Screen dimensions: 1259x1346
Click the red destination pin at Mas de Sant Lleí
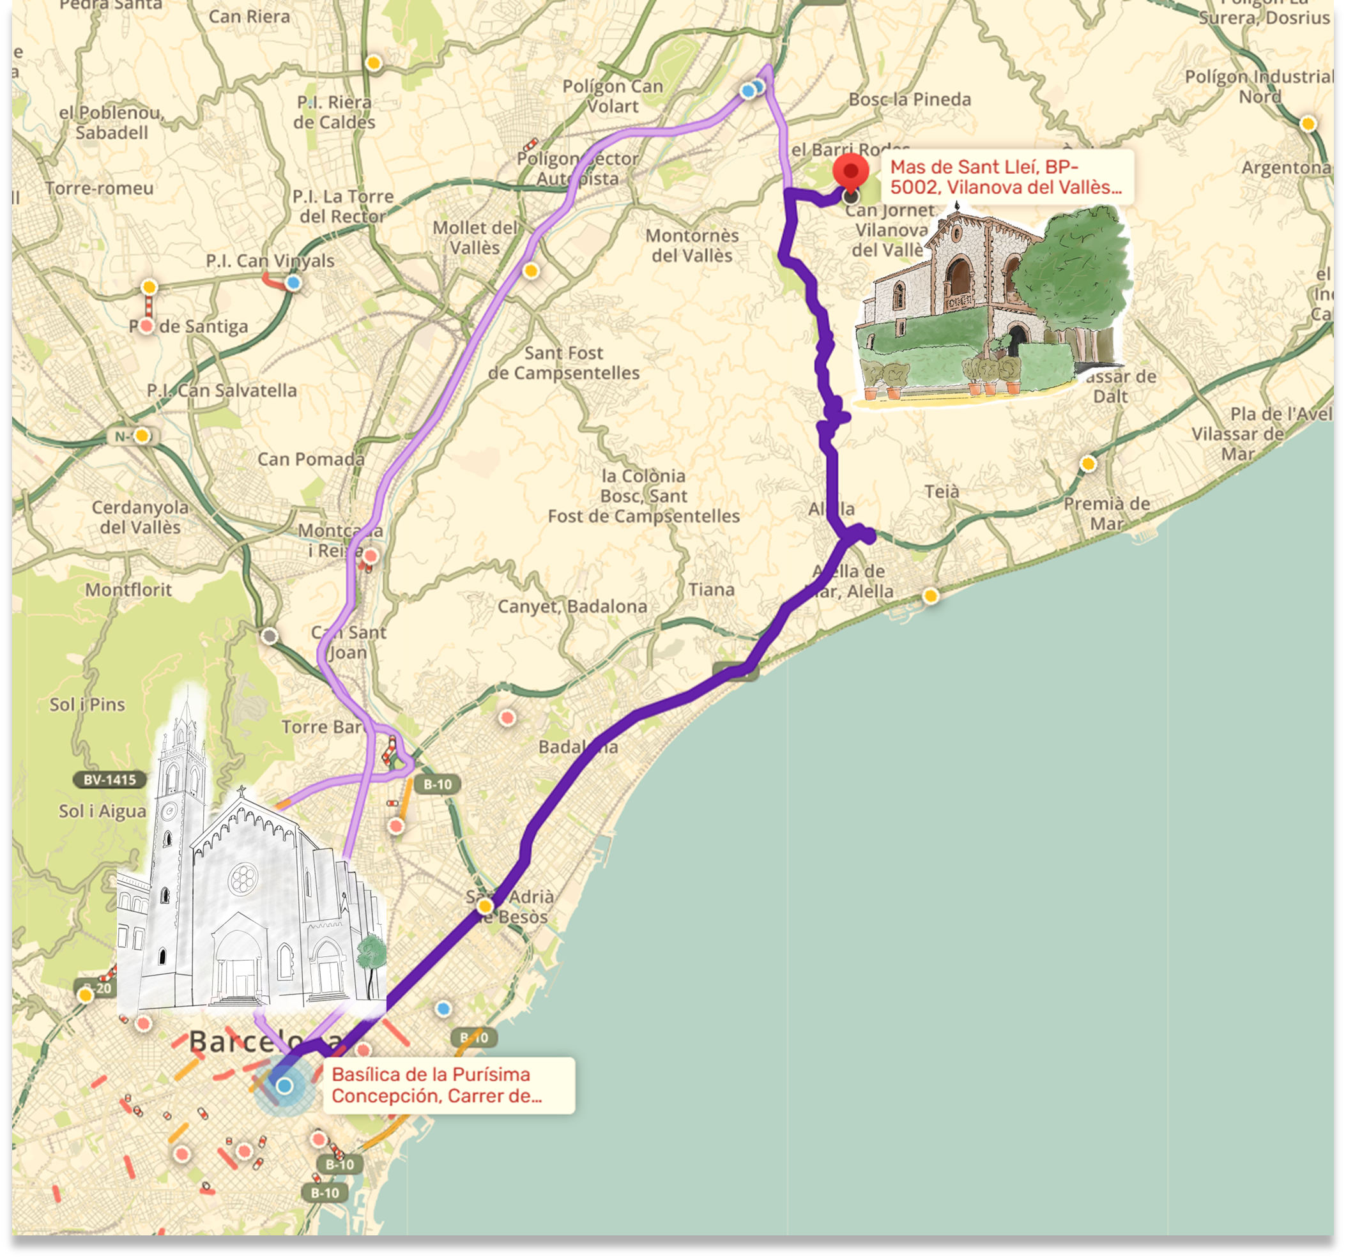click(x=850, y=171)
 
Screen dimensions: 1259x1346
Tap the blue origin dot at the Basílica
click(x=284, y=1086)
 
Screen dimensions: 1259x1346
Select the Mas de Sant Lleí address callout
click(x=1006, y=178)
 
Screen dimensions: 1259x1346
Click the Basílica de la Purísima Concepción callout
click(x=448, y=1085)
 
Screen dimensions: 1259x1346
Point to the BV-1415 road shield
click(x=110, y=780)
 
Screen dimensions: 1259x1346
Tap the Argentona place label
click(x=1285, y=167)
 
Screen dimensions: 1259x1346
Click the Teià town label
click(x=942, y=491)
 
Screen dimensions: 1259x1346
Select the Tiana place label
click(x=712, y=590)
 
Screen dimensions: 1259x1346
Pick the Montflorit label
click(x=128, y=590)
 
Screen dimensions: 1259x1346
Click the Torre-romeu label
click(x=100, y=188)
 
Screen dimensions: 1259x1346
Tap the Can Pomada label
click(x=310, y=459)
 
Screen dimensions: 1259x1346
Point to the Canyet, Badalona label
click(x=572, y=606)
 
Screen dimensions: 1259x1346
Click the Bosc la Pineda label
click(x=909, y=100)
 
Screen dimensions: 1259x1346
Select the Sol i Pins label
click(x=88, y=705)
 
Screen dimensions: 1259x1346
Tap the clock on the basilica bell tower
click(x=169, y=810)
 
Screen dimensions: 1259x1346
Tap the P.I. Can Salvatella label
click(x=222, y=390)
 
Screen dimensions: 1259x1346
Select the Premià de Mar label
click(x=1106, y=513)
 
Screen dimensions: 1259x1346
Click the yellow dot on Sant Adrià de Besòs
click(x=485, y=906)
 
